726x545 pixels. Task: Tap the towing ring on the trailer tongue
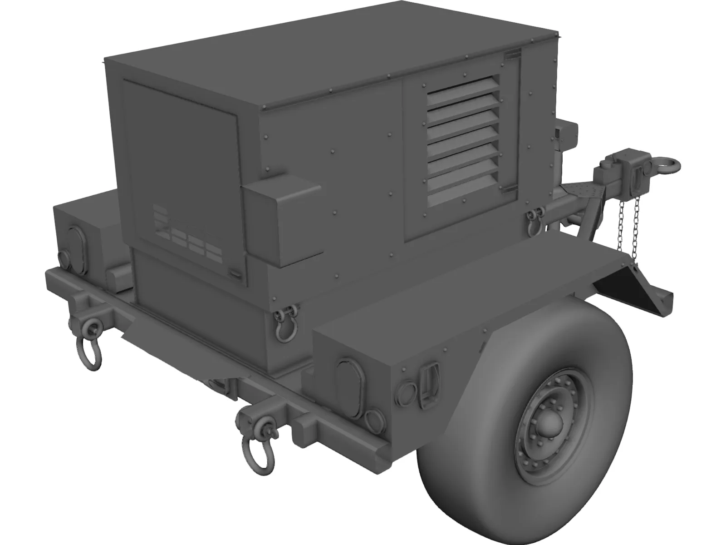point(664,166)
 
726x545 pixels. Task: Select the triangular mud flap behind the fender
point(631,291)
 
